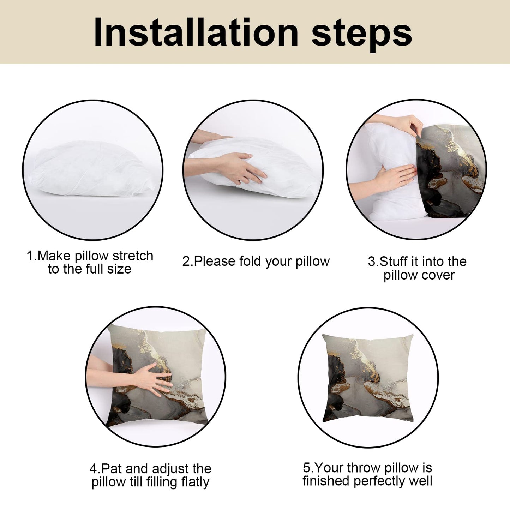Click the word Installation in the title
(x=196, y=32)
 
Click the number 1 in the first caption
(x=30, y=256)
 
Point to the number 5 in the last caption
(x=306, y=468)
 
